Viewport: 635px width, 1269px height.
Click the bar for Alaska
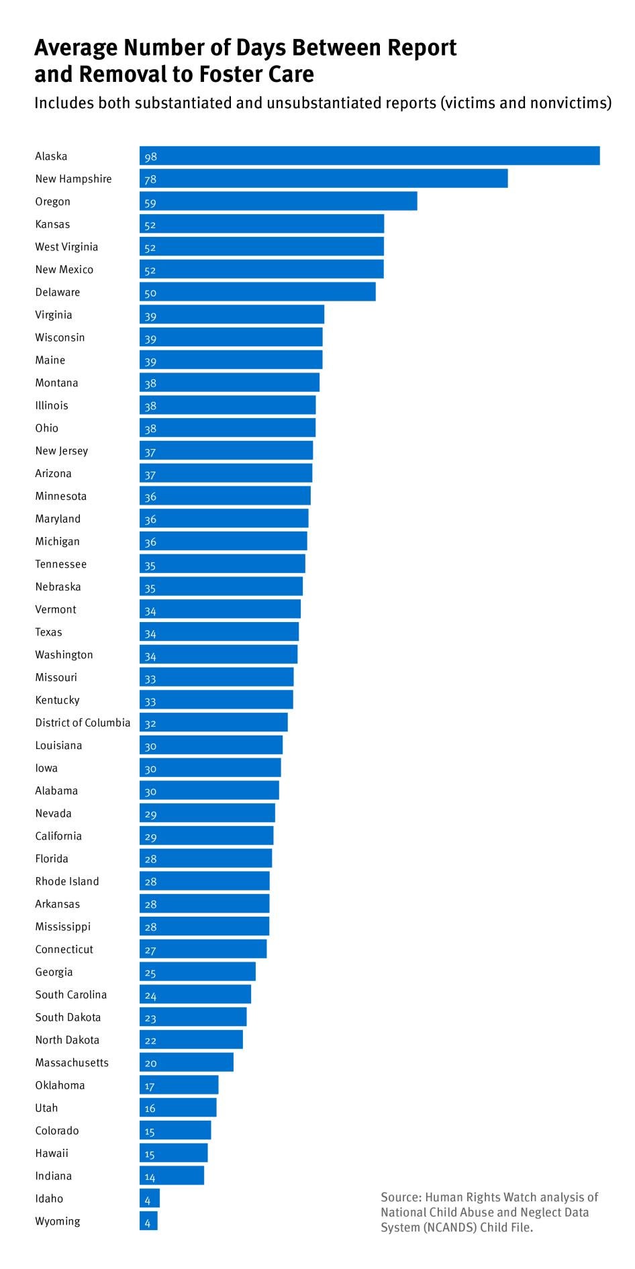pyautogui.click(x=369, y=156)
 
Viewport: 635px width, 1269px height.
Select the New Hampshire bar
pyautogui.click(x=324, y=179)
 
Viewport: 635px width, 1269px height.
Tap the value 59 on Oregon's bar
pyautogui.click(x=150, y=202)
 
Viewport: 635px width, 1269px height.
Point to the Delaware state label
pyautogui.click(x=58, y=292)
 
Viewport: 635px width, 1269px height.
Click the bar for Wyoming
pyautogui.click(x=149, y=1221)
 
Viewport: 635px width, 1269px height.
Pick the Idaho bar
pyautogui.click(x=150, y=1198)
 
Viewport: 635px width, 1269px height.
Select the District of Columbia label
pyautogui.click(x=83, y=723)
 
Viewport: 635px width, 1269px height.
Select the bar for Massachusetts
pyautogui.click(x=187, y=1062)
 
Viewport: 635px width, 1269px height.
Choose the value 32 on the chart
pyautogui.click(x=150, y=723)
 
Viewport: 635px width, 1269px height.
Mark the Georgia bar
pyautogui.click(x=197, y=972)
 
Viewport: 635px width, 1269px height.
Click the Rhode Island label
pyautogui.click(x=67, y=881)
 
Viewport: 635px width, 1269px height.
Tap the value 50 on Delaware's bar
pyautogui.click(x=150, y=293)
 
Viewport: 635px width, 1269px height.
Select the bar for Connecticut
pyautogui.click(x=203, y=949)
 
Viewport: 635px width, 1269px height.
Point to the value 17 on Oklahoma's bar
pyautogui.click(x=150, y=1086)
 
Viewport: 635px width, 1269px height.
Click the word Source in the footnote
pyautogui.click(x=400, y=1197)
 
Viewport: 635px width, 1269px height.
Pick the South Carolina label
pyautogui.click(x=71, y=995)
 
